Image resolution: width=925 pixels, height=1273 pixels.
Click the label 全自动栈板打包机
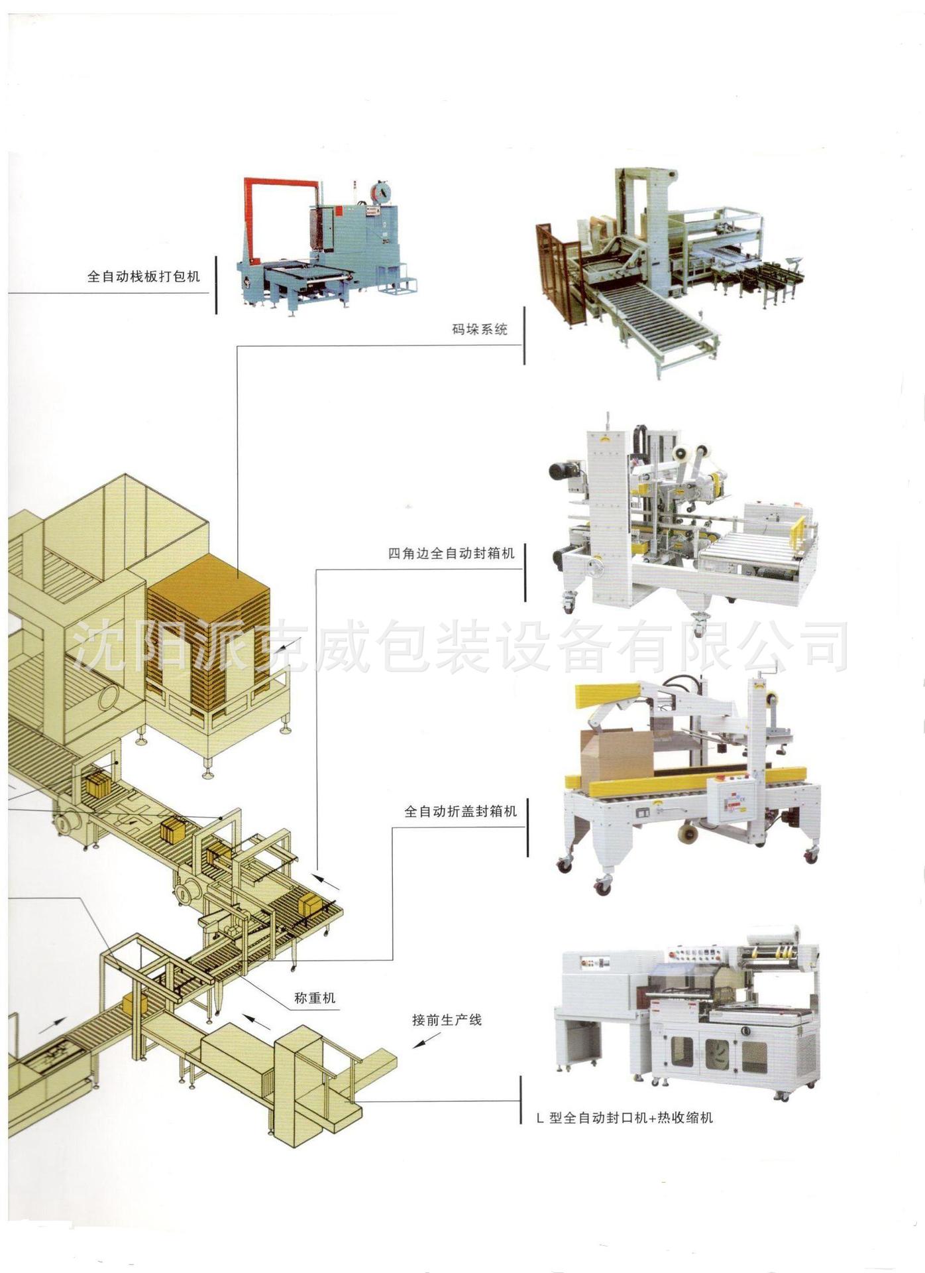[143, 276]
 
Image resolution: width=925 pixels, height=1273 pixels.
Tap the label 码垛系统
[480, 329]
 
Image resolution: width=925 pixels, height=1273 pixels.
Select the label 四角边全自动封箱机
[451, 553]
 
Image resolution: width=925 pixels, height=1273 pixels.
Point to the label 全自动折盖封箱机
[461, 811]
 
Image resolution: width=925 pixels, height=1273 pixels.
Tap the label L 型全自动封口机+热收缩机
[625, 1118]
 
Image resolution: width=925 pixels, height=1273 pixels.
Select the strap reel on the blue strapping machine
[380, 193]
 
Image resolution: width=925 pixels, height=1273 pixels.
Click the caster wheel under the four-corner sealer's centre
[698, 624]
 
